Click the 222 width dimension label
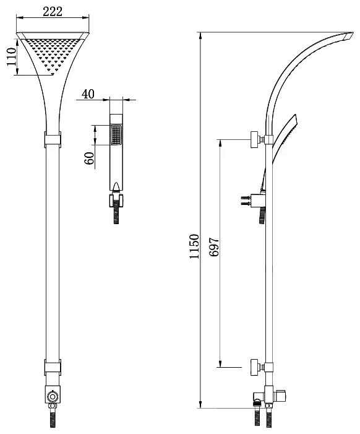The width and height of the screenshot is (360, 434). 53,12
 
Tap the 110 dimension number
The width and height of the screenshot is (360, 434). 12,57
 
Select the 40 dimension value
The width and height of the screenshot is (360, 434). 88,94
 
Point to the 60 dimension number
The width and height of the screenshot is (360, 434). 89,158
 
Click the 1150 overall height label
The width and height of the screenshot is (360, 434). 194,246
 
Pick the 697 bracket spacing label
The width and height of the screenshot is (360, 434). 214,247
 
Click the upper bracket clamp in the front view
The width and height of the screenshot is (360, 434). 53,139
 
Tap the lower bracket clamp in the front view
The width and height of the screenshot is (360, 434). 53,367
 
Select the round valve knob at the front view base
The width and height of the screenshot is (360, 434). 52,396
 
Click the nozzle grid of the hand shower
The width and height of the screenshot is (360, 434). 116,135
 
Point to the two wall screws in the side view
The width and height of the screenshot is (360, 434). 246,201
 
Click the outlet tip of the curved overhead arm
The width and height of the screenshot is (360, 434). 349,36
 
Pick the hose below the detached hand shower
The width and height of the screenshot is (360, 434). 116,212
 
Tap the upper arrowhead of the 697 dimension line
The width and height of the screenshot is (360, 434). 220,144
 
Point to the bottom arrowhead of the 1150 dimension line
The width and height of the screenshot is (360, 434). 201,404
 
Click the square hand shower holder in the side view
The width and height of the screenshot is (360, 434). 258,201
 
